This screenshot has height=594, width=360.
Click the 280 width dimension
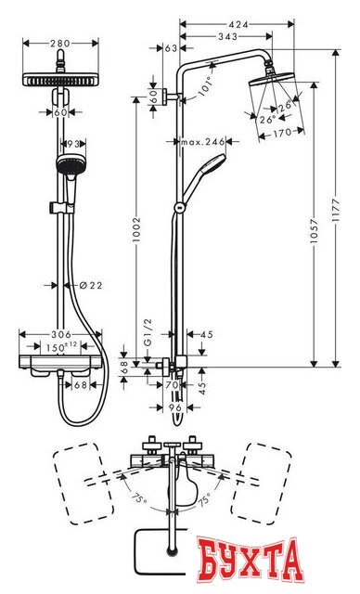pyautogui.click(x=60, y=43)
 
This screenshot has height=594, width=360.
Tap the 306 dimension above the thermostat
pyautogui.click(x=61, y=335)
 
